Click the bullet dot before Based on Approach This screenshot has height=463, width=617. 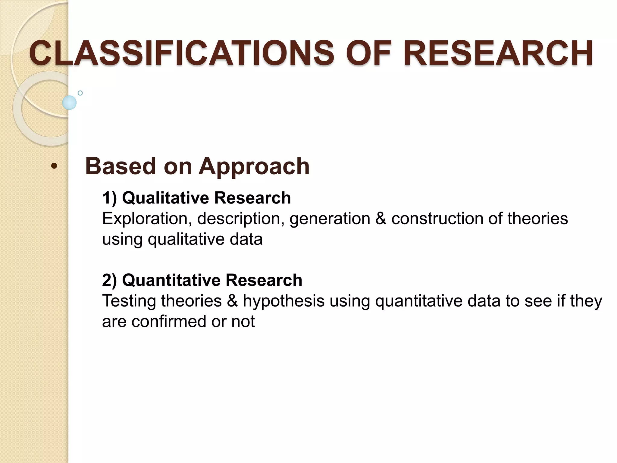tap(54, 166)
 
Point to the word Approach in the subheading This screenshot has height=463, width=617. tap(254, 167)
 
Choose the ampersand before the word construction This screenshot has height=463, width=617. tap(381, 219)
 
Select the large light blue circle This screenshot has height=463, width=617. tap(69, 102)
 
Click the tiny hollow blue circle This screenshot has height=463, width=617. tap(80, 93)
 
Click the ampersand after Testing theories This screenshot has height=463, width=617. tap(232, 301)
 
